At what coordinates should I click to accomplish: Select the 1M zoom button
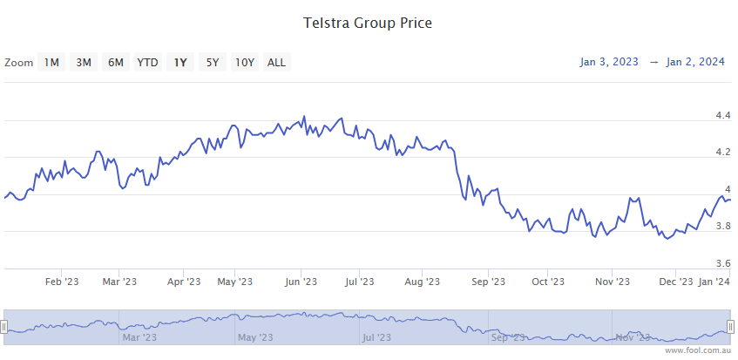tap(52, 62)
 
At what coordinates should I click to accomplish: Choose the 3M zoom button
tap(84, 62)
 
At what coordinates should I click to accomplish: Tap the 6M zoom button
tap(116, 62)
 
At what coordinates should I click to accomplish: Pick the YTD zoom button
tap(148, 62)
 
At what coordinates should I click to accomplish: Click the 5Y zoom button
tap(213, 62)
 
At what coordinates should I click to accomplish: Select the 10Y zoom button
tap(245, 62)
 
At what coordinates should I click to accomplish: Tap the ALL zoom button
tap(276, 62)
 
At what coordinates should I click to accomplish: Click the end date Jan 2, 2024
tap(695, 62)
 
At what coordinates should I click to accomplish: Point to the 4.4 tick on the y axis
tap(722, 115)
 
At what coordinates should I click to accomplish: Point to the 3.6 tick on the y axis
tap(722, 263)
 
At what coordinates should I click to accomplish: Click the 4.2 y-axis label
tap(722, 153)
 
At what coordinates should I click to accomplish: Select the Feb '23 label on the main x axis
tap(62, 282)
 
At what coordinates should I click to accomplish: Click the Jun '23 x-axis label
tap(300, 282)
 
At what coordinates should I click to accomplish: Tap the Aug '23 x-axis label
tap(421, 282)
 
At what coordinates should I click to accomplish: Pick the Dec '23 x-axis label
tap(676, 282)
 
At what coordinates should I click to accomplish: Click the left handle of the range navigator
tap(3, 327)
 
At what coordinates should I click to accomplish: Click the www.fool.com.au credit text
tap(698, 350)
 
